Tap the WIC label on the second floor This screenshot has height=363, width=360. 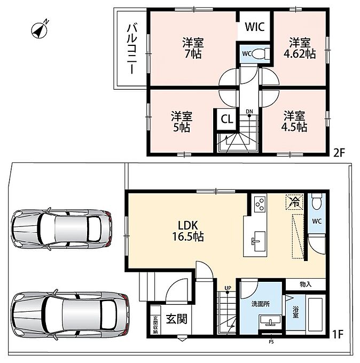coord(255,27)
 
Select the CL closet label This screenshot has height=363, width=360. coord(227,119)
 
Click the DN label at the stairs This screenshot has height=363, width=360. coord(249,112)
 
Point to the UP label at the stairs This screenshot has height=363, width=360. coord(228,288)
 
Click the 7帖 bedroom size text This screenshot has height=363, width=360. coord(193,54)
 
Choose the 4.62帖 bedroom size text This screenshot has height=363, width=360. coord(300,54)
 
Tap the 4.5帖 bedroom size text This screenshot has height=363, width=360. coord(294,127)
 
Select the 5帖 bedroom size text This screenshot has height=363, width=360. coord(182,128)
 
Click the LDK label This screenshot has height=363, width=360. coord(187,225)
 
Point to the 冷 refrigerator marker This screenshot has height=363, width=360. coord(295,202)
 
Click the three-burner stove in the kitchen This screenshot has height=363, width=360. coord(260,204)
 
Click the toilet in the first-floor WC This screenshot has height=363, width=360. coord(317,201)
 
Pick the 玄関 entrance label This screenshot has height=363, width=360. coord(176,319)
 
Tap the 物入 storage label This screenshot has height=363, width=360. coord(306,285)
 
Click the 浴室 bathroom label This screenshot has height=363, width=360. coord(295,312)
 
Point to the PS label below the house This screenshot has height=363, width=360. coord(271,342)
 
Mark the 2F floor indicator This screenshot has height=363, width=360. coord(339,153)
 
